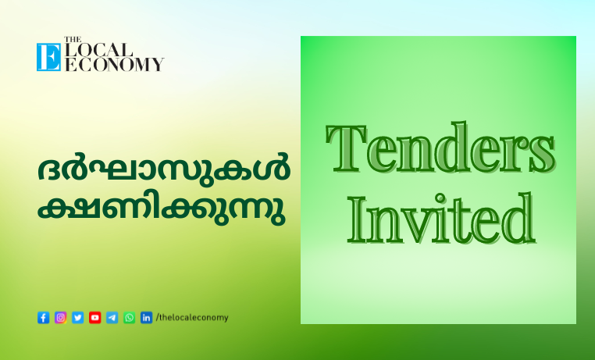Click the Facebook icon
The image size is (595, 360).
[x=43, y=318]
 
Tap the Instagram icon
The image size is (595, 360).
[x=61, y=318]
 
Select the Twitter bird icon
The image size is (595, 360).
[x=78, y=318]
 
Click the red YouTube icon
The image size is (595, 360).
[x=94, y=318]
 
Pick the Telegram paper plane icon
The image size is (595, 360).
[x=112, y=318]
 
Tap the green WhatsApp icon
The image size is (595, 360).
[x=129, y=318]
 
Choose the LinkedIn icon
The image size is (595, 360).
[x=147, y=318]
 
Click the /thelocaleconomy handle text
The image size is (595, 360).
[x=192, y=318]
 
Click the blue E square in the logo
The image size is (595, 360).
[x=48, y=57]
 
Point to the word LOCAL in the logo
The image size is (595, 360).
[x=98, y=50]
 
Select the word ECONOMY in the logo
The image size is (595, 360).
[x=115, y=65]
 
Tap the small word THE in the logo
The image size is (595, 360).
[x=73, y=40]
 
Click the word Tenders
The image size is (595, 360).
[x=440, y=148]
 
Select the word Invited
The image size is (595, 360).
[x=442, y=219]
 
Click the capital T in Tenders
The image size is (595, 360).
[x=347, y=148]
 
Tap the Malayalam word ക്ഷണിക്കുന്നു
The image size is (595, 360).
[x=162, y=211]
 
